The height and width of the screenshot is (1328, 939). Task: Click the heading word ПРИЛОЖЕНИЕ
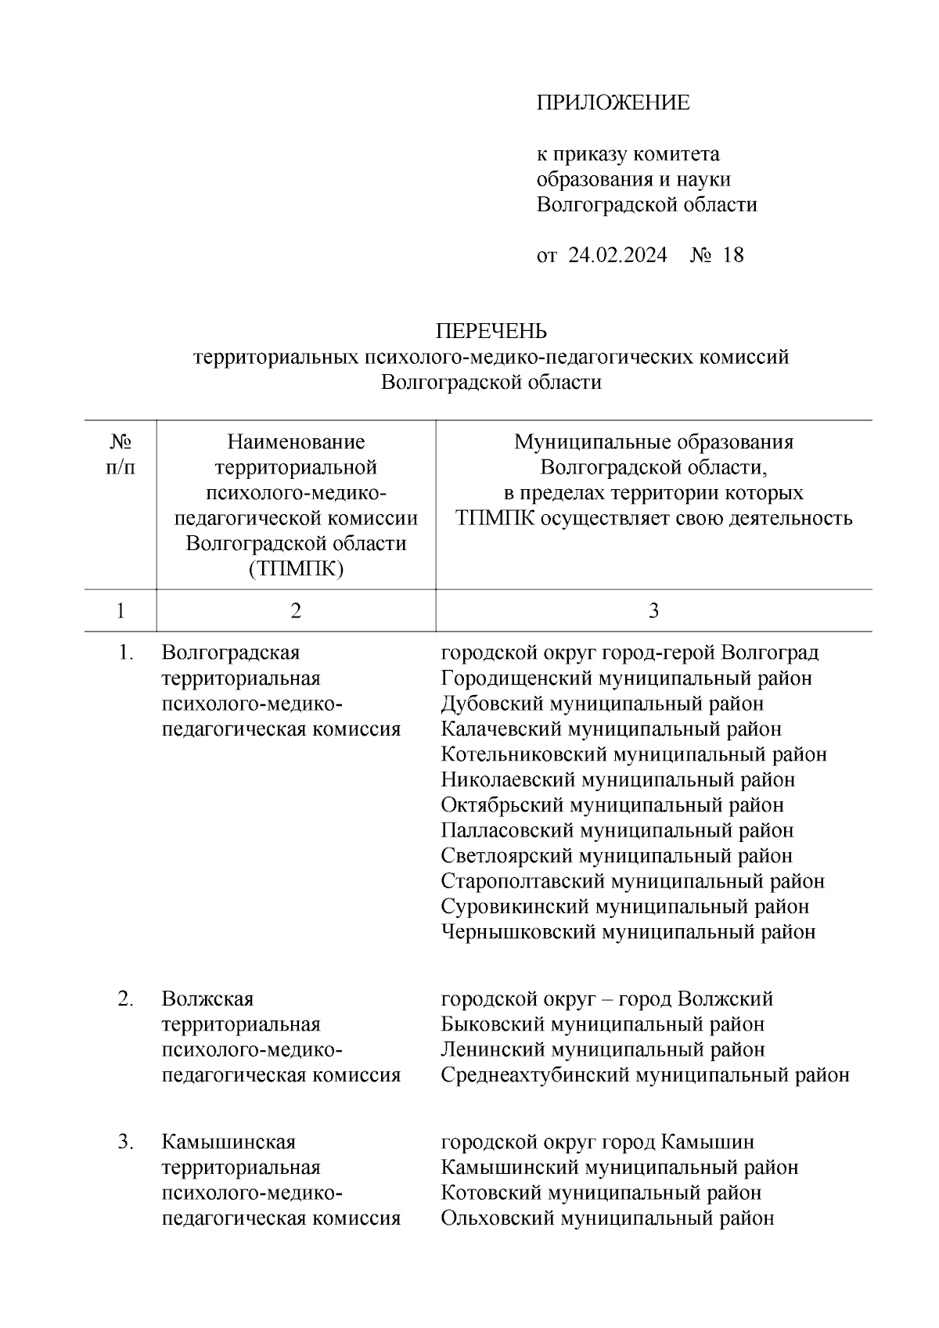[613, 103]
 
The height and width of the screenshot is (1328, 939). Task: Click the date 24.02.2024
[617, 255]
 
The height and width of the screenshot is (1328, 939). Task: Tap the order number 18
[733, 255]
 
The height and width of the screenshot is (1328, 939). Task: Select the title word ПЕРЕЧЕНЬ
[491, 332]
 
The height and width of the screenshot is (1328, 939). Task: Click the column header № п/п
[120, 455]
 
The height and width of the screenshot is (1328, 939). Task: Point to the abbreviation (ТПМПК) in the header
[296, 569]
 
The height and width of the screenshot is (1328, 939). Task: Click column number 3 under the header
[653, 610]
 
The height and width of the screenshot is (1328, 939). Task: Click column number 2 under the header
[296, 610]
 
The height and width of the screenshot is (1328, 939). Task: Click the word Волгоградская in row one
[231, 652]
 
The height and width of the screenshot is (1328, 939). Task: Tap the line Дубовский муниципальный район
[602, 704]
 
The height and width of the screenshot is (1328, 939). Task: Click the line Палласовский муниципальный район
[617, 830]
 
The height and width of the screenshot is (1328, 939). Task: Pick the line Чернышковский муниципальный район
[628, 932]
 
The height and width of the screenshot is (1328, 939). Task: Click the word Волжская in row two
[207, 999]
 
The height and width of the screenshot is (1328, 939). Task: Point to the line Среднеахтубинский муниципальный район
[645, 1075]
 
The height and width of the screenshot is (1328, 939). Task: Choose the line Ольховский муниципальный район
[607, 1218]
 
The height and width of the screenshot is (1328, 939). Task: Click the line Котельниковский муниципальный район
[633, 754]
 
